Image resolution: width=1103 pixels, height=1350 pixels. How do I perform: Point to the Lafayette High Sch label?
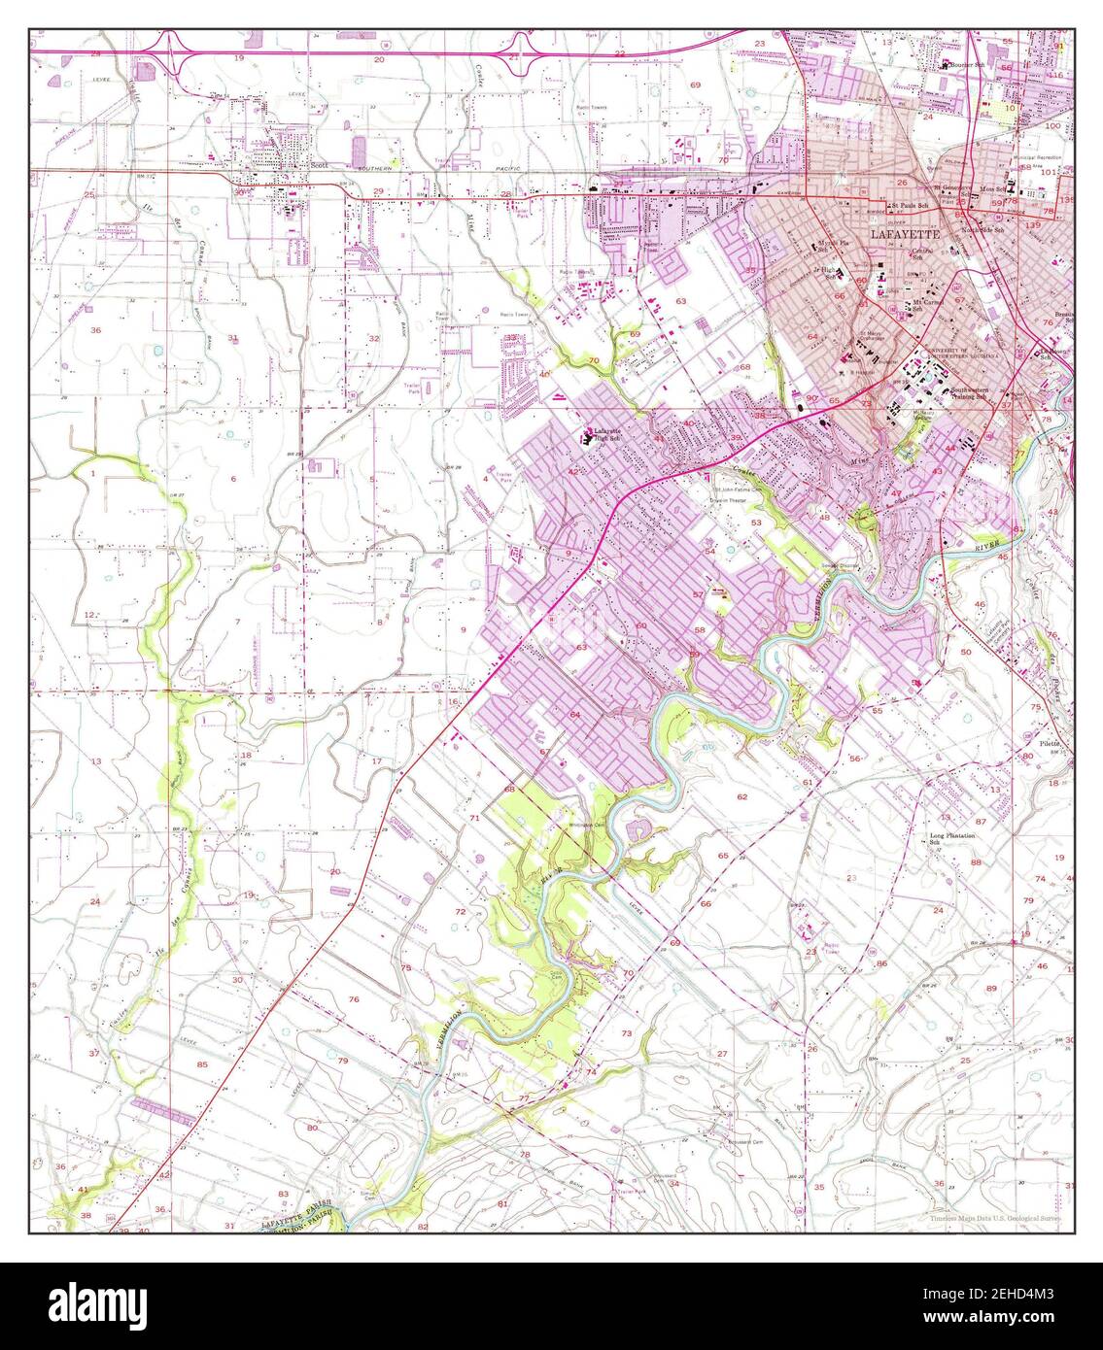[613, 433]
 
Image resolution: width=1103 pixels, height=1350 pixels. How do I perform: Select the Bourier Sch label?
[966, 65]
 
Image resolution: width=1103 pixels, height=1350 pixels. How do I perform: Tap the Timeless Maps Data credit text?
[994, 1218]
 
